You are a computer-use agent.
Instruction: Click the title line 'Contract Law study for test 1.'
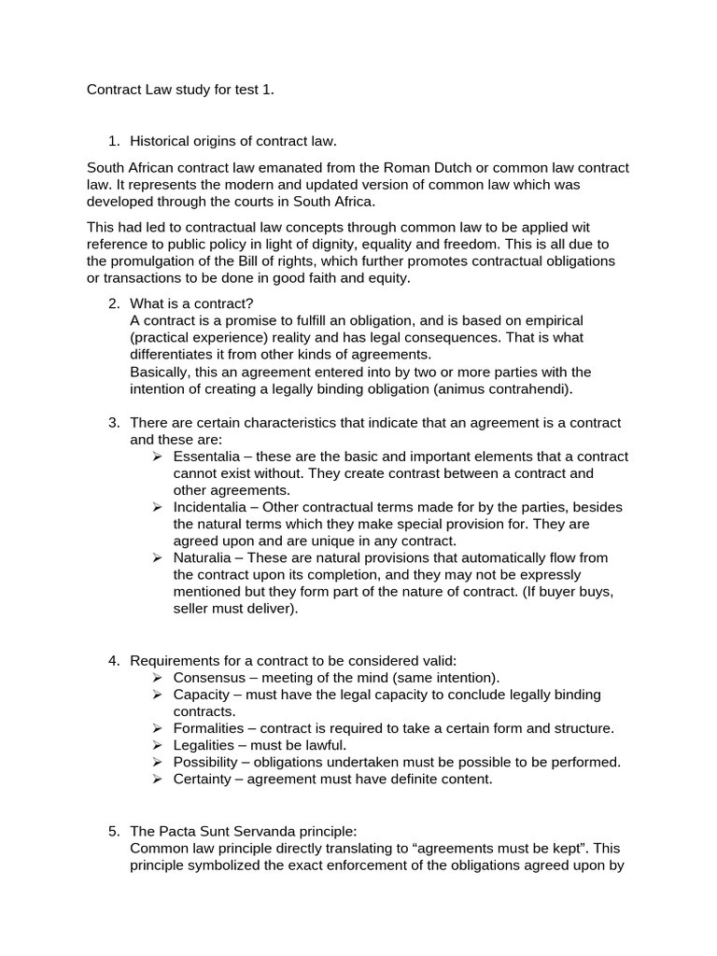click(181, 91)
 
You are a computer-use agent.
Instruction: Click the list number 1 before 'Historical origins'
click(114, 141)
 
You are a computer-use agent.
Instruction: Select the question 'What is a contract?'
click(191, 303)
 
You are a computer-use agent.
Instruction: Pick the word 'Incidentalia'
click(211, 507)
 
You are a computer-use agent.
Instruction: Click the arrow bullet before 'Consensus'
click(157, 678)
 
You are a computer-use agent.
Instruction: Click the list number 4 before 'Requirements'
click(114, 661)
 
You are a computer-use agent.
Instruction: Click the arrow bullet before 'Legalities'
click(157, 745)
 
